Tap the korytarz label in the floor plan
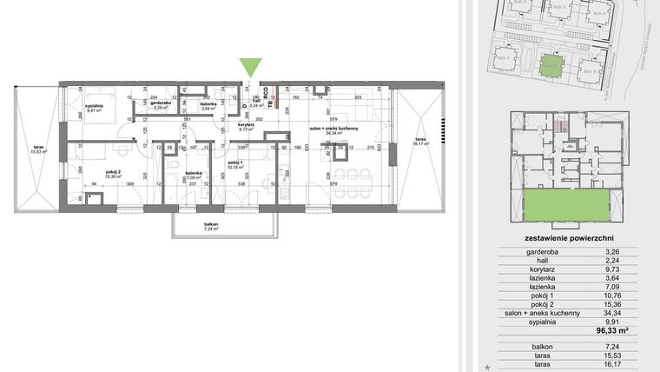click(x=247, y=124)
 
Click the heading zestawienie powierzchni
click(x=568, y=237)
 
